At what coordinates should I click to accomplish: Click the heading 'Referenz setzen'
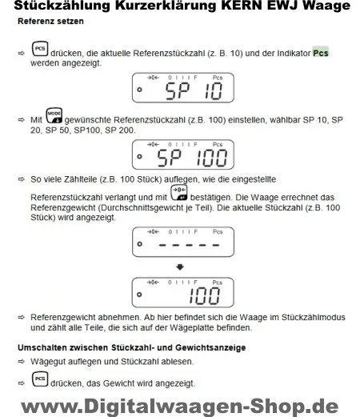click(50, 22)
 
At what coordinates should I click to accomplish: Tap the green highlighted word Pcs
click(321, 53)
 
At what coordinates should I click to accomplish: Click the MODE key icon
click(54, 116)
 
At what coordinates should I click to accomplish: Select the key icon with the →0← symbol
click(179, 193)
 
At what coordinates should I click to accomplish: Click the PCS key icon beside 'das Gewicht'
click(40, 379)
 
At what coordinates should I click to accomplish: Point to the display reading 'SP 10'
click(183, 88)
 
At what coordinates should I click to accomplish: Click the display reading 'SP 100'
click(183, 154)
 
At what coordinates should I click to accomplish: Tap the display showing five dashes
click(183, 242)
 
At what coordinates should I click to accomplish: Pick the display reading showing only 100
click(183, 293)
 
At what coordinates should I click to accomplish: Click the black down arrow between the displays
click(180, 267)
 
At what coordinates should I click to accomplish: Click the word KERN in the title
click(242, 6)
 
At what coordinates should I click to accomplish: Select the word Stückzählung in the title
click(62, 6)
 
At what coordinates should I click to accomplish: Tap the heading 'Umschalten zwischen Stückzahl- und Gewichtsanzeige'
click(132, 348)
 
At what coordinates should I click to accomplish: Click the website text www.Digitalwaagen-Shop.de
click(180, 407)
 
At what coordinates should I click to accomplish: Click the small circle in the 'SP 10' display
click(139, 90)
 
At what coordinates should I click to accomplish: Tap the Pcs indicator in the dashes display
click(218, 232)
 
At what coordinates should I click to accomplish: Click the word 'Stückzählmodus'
click(314, 317)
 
